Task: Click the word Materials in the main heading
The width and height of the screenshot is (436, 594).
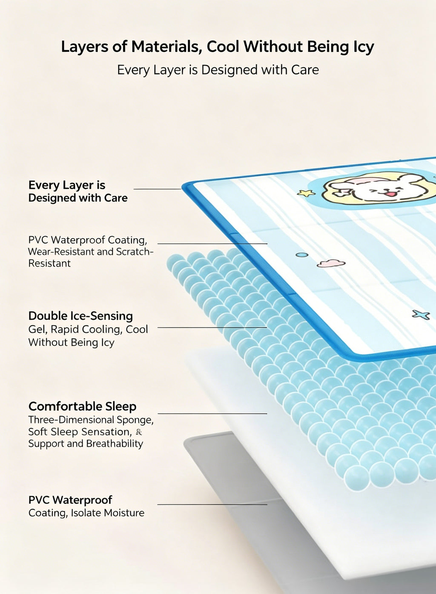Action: pyautogui.click(x=165, y=47)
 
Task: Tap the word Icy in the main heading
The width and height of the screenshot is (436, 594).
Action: pyautogui.click(x=363, y=47)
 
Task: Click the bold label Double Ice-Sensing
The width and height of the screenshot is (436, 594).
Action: pyautogui.click(x=80, y=316)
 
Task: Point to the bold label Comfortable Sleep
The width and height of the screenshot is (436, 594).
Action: pyautogui.click(x=82, y=406)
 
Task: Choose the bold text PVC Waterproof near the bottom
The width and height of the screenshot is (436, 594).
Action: pyautogui.click(x=70, y=500)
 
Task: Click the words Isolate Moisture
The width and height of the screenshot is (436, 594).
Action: pyautogui.click(x=107, y=513)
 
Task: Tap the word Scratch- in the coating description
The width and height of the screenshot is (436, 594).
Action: pyautogui.click(x=135, y=251)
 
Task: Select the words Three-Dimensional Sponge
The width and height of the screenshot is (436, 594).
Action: pyautogui.click(x=91, y=420)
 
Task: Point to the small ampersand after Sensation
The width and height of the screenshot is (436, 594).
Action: pyautogui.click(x=138, y=432)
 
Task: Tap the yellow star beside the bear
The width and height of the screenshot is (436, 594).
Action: pyautogui.click(x=306, y=193)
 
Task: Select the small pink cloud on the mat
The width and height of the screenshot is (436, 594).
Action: pyautogui.click(x=331, y=263)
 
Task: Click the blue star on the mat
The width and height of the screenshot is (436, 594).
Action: pyautogui.click(x=421, y=314)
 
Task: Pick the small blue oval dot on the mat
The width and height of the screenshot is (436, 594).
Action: pyautogui.click(x=302, y=255)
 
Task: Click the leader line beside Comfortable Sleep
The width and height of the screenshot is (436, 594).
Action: pyautogui.click(x=212, y=414)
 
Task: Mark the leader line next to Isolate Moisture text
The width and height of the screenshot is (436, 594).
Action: pyautogui.click(x=212, y=504)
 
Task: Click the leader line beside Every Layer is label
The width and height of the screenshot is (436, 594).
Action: pyautogui.click(x=158, y=189)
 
